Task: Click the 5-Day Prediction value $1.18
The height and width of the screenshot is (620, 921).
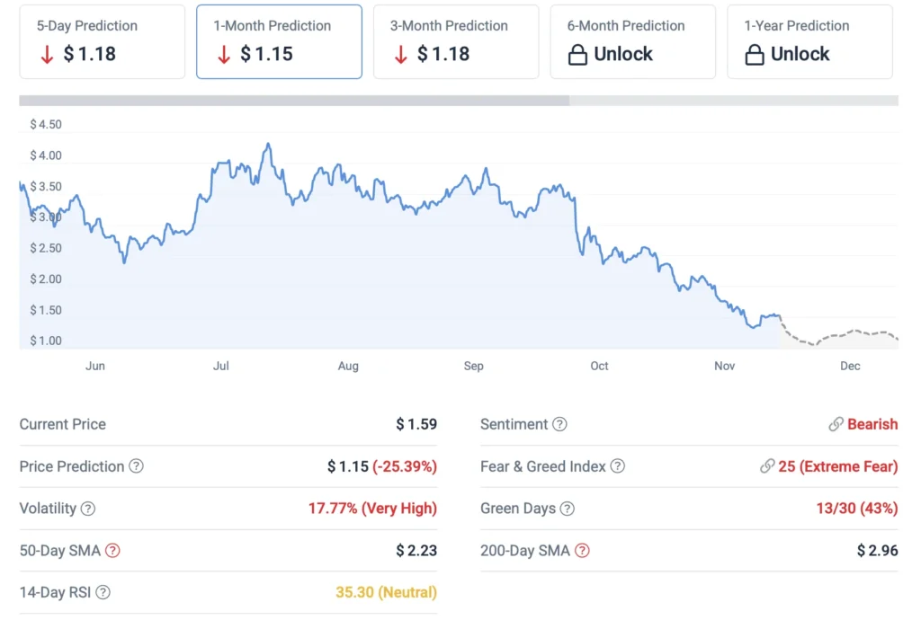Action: point(90,54)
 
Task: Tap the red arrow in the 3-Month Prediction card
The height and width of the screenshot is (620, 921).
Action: point(401,54)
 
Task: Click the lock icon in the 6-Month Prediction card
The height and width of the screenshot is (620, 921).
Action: point(578,55)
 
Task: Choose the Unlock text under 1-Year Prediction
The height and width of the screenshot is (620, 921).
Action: point(800,54)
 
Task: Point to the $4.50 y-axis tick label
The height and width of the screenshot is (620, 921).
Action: point(46,125)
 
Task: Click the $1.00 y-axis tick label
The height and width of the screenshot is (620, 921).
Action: point(46,341)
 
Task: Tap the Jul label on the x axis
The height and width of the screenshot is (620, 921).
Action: point(221,366)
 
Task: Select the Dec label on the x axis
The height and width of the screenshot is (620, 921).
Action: point(850,366)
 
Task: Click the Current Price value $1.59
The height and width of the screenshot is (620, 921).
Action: point(416,424)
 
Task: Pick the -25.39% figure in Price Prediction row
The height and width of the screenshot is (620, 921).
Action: point(406,466)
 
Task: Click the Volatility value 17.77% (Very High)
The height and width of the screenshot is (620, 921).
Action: point(372,509)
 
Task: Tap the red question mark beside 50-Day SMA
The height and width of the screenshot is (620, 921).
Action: point(112,551)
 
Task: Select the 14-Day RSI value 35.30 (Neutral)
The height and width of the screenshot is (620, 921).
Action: point(386,592)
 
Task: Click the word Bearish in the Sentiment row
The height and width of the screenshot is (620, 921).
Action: point(872,424)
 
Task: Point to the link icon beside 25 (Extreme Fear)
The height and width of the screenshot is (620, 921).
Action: point(767,466)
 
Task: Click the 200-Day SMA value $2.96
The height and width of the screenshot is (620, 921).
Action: point(877,551)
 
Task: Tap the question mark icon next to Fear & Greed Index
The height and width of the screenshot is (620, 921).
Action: point(617,466)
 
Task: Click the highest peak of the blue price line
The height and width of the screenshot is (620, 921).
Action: point(268,144)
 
